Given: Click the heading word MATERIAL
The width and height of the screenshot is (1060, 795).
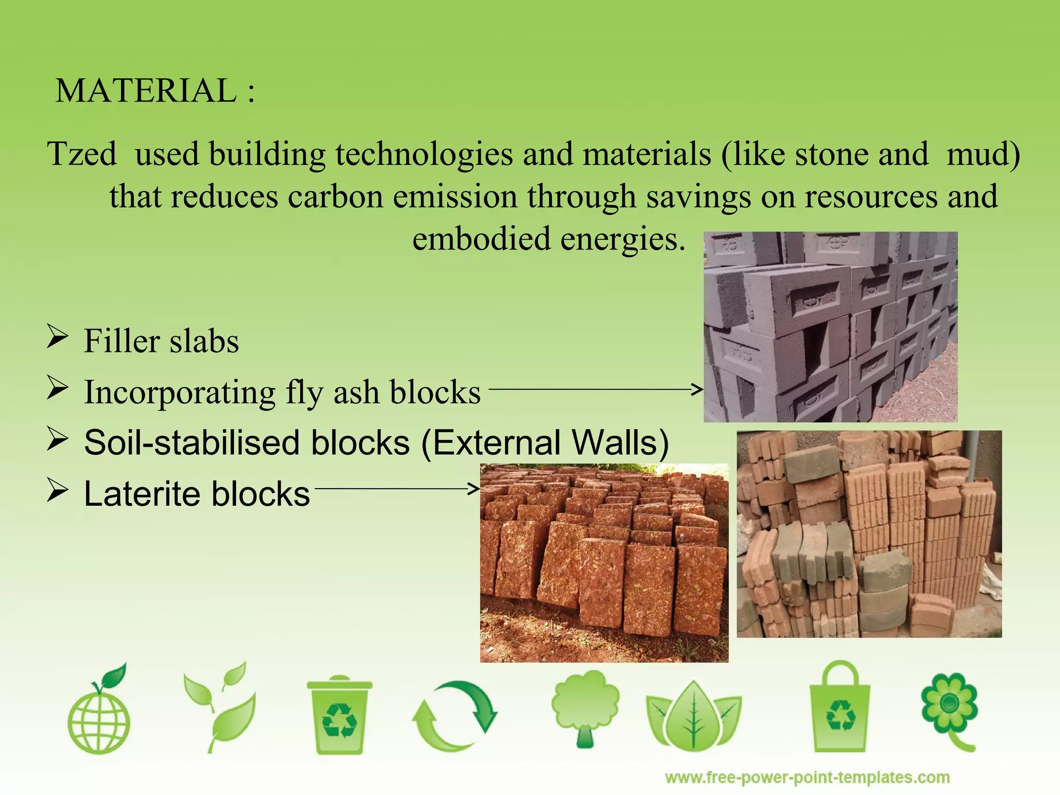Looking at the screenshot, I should point(146,91).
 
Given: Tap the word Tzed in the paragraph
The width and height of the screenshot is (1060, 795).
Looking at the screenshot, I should point(82,154).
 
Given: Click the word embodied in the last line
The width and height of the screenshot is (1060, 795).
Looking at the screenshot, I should point(481,239).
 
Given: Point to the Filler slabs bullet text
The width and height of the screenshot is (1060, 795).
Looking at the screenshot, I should point(161,341).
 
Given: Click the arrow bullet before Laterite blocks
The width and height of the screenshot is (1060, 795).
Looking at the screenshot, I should point(57,489).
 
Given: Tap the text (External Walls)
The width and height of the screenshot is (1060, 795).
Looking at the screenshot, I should point(545,443).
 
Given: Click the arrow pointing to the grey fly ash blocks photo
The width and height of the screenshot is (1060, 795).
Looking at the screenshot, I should point(595,389).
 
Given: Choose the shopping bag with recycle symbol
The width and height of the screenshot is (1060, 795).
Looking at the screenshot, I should point(840,709).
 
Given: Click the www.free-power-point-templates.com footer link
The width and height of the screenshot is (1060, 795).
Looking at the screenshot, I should point(807,777).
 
